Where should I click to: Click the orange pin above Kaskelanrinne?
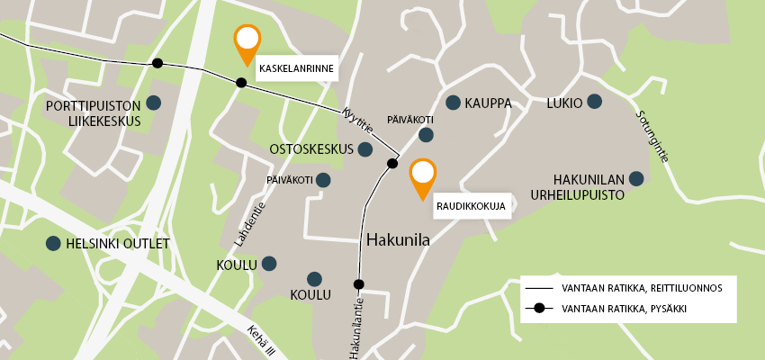[247, 41]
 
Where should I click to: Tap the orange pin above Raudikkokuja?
[422, 175]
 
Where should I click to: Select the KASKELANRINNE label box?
[296, 68]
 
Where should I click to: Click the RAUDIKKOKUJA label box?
[472, 205]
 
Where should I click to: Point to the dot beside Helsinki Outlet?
[53, 243]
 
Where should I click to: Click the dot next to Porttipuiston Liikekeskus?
[154, 103]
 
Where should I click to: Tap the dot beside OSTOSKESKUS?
[365, 148]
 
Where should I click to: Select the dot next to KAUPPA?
[453, 103]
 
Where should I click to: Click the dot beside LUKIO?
[594, 102]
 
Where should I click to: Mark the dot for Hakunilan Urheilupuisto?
[636, 178]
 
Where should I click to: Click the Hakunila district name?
[399, 240]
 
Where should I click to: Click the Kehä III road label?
[260, 342]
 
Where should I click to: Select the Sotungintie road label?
[652, 136]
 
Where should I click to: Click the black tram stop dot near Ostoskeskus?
[392, 163]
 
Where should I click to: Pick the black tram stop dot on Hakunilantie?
[358, 284]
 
